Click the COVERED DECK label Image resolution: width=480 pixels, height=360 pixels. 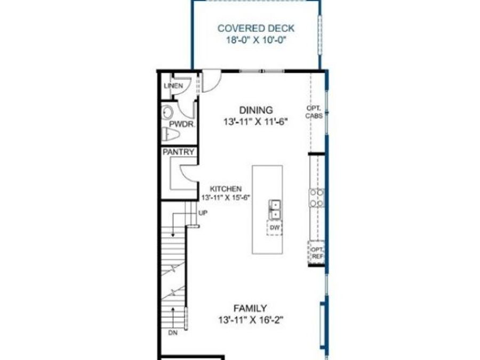click(256, 28)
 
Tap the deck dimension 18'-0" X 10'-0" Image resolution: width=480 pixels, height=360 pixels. click(256, 40)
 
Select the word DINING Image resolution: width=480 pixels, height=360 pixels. click(256, 110)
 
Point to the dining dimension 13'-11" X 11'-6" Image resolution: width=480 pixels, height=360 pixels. click(256, 122)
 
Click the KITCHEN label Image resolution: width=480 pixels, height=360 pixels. click(226, 189)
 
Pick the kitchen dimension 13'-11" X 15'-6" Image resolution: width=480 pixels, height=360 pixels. click(226, 197)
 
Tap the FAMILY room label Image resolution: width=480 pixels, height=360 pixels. click(250, 308)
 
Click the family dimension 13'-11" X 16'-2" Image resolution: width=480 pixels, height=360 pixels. click(250, 320)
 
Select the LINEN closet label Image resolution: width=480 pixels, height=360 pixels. click(173, 86)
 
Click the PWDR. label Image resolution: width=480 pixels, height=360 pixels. click(182, 124)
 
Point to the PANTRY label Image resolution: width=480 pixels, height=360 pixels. click(179, 152)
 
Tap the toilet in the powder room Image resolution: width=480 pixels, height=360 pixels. click(170, 134)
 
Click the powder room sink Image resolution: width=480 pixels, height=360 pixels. click(167, 113)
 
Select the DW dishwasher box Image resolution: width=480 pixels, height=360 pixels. click(275, 228)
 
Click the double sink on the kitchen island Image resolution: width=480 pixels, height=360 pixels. click(275, 210)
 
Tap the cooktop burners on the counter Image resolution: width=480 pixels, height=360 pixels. click(316, 198)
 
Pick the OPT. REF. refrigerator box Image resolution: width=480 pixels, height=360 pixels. click(316, 253)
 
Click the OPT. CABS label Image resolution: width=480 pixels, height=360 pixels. click(314, 112)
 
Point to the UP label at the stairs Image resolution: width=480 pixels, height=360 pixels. click(203, 213)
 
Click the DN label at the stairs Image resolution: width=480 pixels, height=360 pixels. click(173, 333)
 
